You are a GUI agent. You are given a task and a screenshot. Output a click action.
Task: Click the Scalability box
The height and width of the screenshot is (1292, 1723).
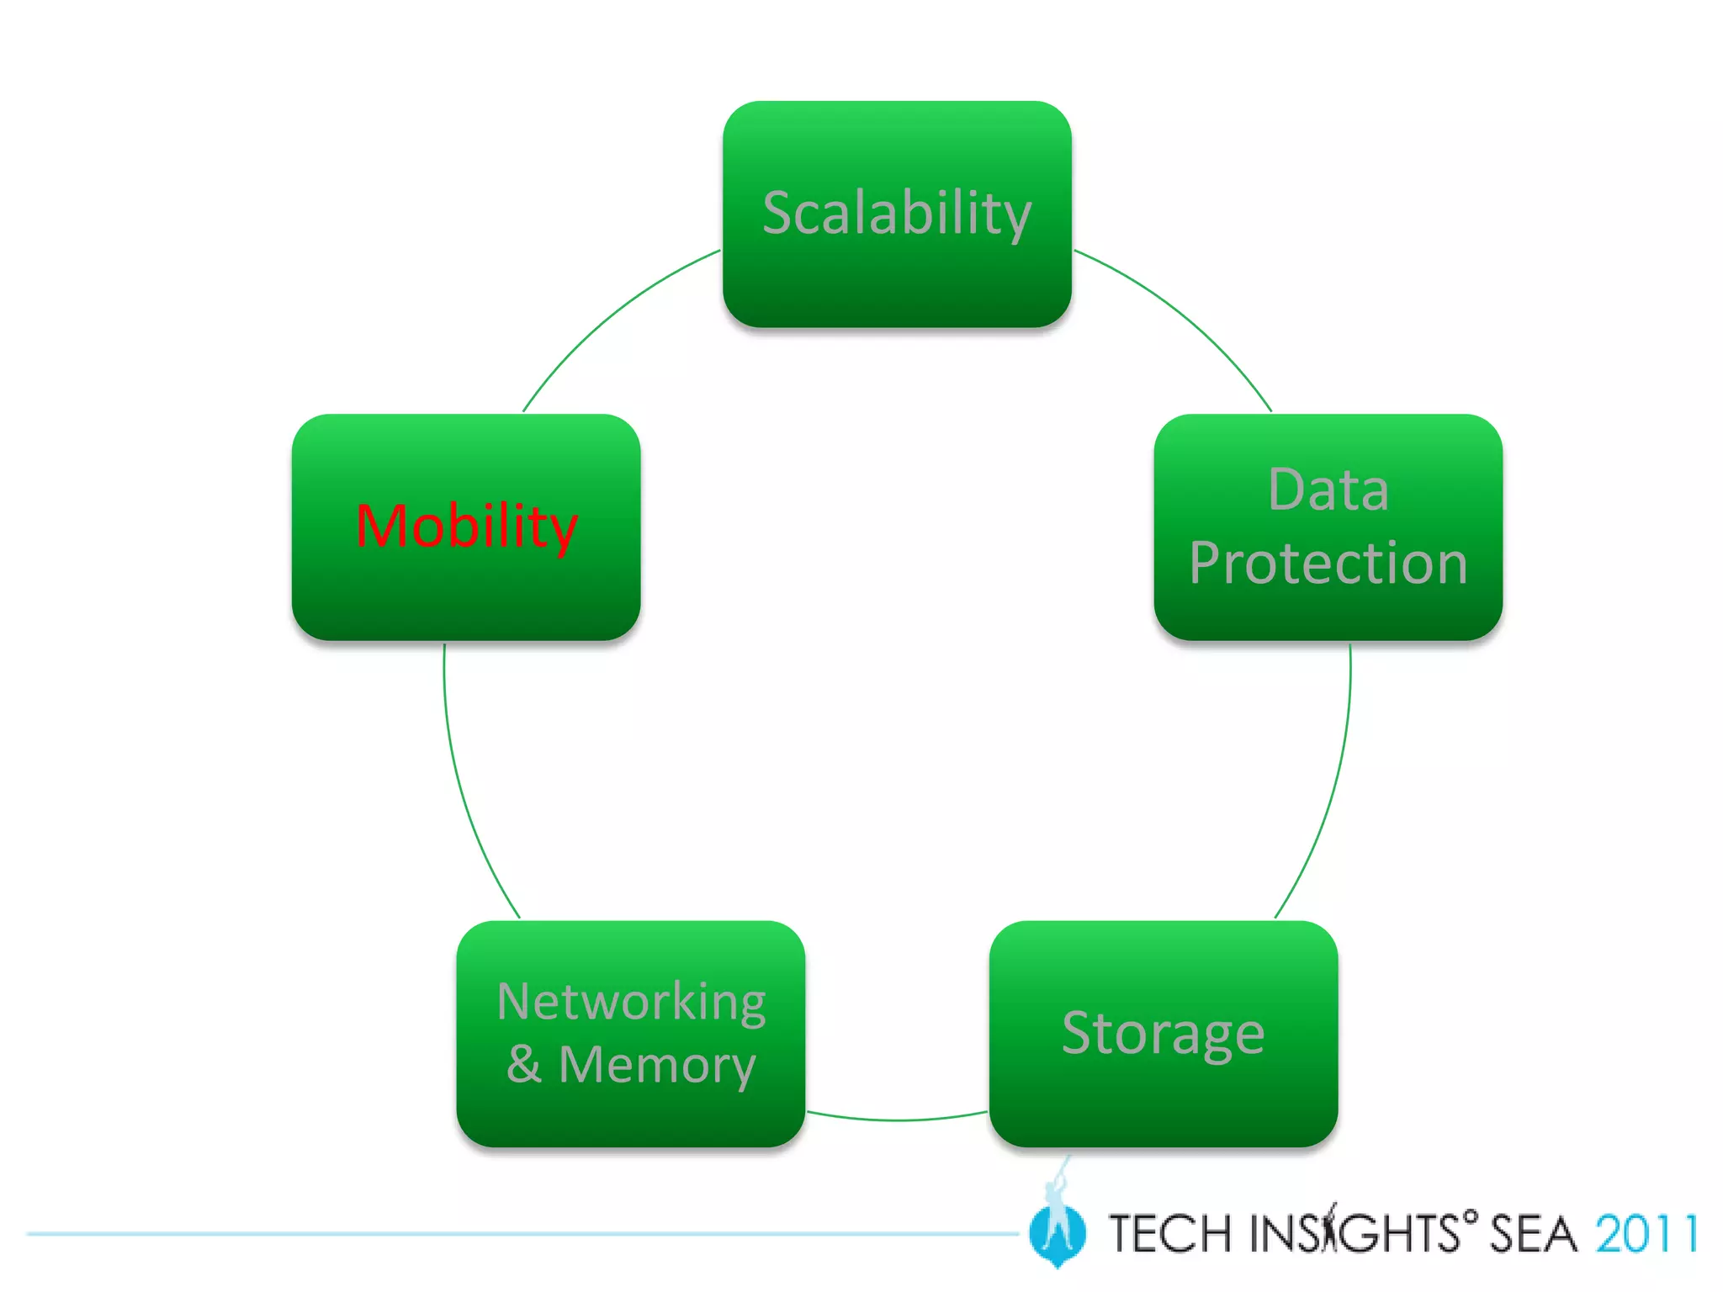coord(897,214)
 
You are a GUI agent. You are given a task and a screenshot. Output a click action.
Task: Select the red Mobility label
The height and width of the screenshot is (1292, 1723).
coord(466,527)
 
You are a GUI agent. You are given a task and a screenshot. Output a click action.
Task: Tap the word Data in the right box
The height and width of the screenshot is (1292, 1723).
coord(1328,490)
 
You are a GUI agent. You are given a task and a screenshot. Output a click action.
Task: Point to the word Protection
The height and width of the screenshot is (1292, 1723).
coord(1328,563)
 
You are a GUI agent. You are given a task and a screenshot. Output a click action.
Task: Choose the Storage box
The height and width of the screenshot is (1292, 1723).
coord(1164,1033)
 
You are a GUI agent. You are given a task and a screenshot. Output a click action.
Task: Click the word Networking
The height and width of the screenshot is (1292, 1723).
coord(631,1002)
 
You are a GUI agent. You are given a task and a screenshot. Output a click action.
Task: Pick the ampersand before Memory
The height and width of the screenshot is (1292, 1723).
coord(523,1064)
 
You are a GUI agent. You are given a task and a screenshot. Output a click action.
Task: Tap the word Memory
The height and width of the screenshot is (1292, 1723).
coord(657,1065)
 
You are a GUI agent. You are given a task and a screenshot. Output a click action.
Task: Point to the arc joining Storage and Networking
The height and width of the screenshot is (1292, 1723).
coord(897,1120)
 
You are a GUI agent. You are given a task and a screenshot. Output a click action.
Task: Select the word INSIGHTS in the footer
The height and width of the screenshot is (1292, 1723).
coord(1354,1235)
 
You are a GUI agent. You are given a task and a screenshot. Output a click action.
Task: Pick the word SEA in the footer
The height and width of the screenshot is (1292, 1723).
coord(1533,1235)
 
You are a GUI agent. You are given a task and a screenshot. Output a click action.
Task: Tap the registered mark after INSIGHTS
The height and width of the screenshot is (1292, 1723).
coord(1470,1216)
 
